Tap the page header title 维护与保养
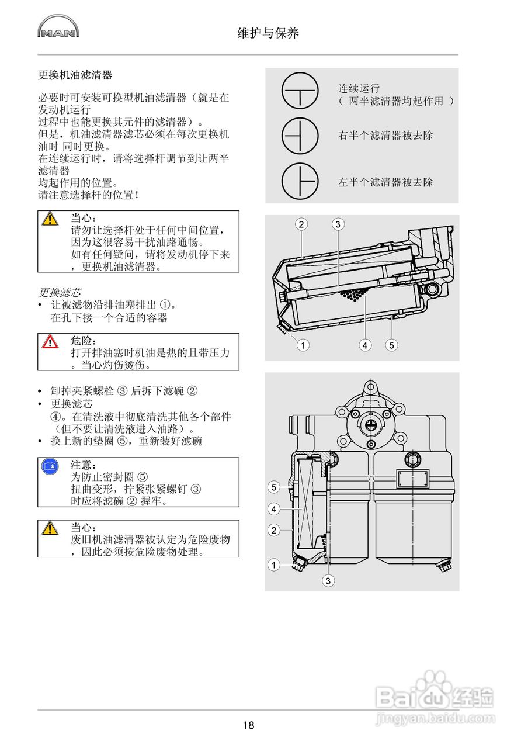[268, 33]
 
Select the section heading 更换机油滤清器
[75, 75]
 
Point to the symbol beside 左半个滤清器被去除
[300, 181]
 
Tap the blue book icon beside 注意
[50, 466]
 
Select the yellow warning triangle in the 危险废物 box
[50, 528]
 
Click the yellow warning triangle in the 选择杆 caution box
[50, 219]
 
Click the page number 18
[248, 725]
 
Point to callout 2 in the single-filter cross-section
[301, 224]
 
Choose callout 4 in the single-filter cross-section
[365, 345]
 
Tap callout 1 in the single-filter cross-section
[302, 345]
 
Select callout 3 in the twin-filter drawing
[329, 580]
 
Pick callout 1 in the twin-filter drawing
[273, 565]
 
